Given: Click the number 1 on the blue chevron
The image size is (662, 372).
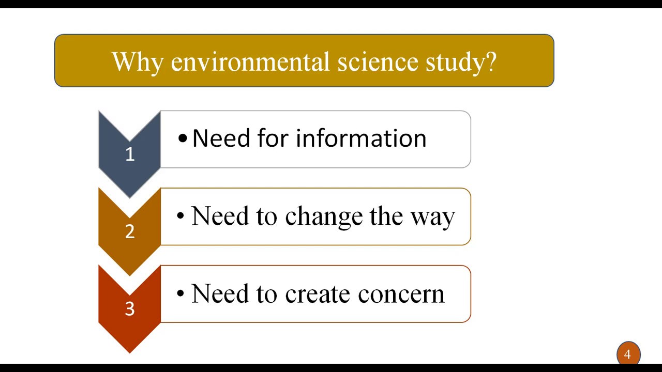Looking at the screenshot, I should tap(130, 154).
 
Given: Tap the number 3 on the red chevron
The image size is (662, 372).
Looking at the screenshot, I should tap(130, 309).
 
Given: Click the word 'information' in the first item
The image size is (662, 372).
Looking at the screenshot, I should tap(361, 138).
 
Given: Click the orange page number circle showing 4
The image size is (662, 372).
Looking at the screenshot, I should tap(628, 354).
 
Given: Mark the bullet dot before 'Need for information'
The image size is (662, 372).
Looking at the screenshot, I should tap(183, 138).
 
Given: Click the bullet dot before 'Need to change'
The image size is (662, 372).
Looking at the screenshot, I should tap(180, 216).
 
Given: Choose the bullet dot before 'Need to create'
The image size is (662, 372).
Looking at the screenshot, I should tap(180, 294).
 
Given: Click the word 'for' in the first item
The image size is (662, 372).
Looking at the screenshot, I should tap(274, 138).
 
